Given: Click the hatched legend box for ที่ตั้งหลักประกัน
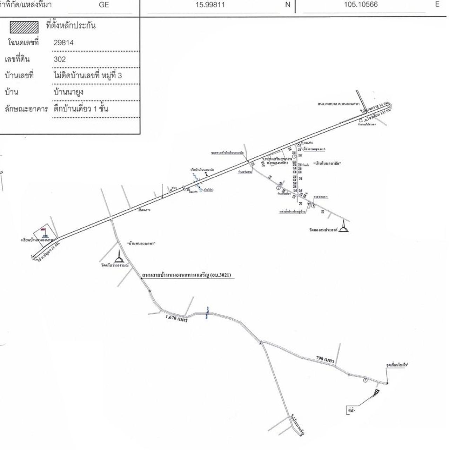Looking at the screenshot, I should pyautogui.click(x=24, y=27).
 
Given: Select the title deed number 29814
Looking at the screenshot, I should pyautogui.click(x=63, y=43).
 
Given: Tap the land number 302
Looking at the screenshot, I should pyautogui.click(x=60, y=59).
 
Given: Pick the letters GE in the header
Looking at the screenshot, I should pyautogui.click(x=104, y=5).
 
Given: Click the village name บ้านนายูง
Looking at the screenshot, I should pyautogui.click(x=68, y=92).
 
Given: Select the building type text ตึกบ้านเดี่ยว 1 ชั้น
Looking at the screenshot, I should pyautogui.click(x=81, y=109).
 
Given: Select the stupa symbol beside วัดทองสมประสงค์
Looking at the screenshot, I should pyautogui.click(x=344, y=227).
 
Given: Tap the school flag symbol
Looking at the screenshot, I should pyautogui.click(x=44, y=232).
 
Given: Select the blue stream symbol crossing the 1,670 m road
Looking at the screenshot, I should pyautogui.click(x=208, y=312).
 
